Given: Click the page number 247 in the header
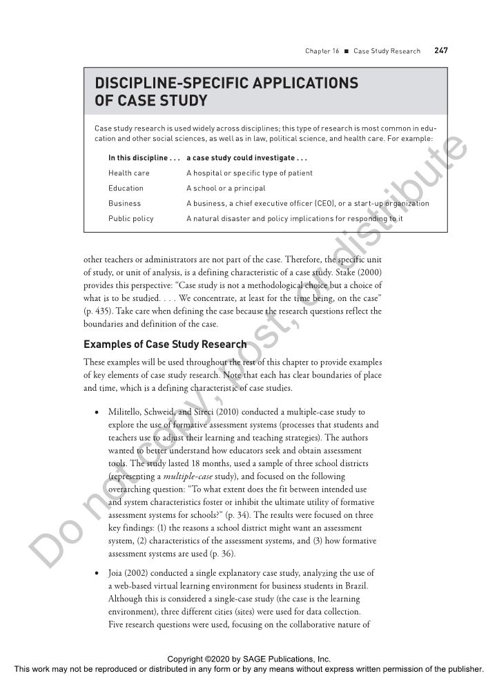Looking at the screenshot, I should click(x=440, y=50).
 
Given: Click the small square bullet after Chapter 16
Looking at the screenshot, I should click(x=347, y=51).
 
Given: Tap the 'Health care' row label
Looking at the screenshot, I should click(x=128, y=173).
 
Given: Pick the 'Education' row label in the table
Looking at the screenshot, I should click(x=126, y=188).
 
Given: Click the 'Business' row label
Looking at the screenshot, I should click(x=124, y=203).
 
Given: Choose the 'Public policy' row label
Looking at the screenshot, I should click(x=130, y=218).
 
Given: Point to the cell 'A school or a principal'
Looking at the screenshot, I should click(x=226, y=188).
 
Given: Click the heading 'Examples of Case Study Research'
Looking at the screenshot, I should click(x=165, y=344).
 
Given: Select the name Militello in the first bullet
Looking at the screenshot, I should click(x=124, y=412).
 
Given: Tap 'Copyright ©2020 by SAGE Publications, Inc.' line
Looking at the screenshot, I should click(x=248, y=659).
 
